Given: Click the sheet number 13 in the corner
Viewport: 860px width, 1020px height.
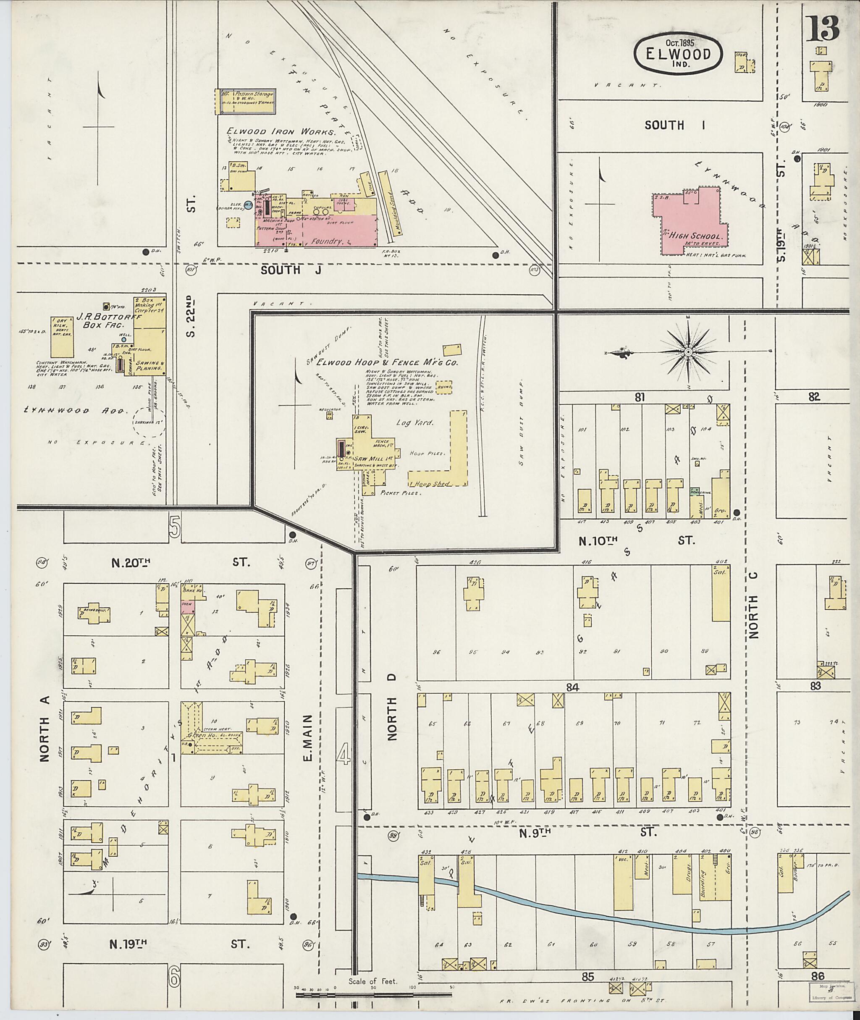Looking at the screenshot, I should tap(823, 29).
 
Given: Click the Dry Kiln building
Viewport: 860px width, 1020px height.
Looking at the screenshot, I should tap(62, 337).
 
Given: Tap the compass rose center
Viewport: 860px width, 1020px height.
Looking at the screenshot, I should tap(687, 352).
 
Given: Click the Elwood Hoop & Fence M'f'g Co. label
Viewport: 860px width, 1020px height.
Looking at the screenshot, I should tap(388, 363).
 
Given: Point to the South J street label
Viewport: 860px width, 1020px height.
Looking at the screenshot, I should tap(291, 270).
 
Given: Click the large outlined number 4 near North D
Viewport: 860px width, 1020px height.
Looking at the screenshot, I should tap(344, 756).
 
